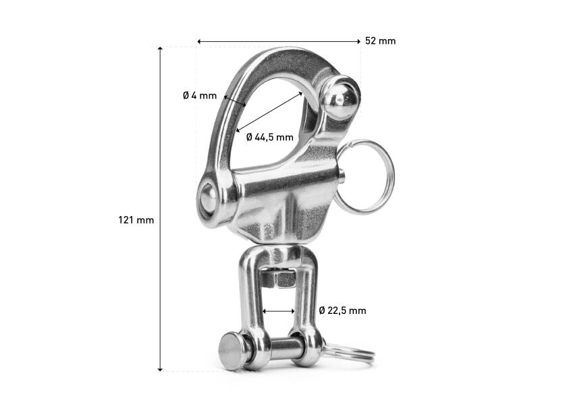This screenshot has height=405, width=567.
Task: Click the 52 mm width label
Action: point(380,41)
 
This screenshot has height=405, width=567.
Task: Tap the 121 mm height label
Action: point(136,220)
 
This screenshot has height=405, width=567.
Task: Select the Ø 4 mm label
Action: point(200,96)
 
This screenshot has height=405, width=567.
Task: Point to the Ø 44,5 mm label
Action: point(270,137)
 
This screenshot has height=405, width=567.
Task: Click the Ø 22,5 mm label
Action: point(342,310)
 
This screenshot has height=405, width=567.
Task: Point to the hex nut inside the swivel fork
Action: point(279,277)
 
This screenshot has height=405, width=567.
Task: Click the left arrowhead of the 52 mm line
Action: point(200,41)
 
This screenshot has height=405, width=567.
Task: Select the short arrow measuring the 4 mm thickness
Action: point(234,101)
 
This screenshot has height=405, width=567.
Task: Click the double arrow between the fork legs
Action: point(279,311)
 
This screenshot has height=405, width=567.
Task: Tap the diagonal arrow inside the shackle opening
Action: point(270,111)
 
